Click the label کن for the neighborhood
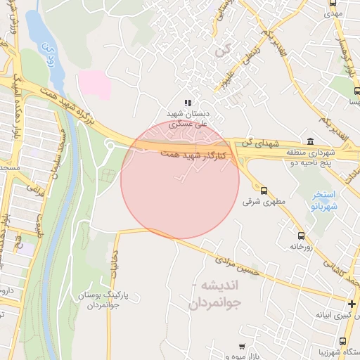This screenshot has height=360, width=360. [x=223, y=51]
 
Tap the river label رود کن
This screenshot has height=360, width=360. [x=49, y=56]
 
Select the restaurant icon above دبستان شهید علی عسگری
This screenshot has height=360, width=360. [x=188, y=103]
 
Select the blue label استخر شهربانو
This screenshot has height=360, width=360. [x=324, y=200]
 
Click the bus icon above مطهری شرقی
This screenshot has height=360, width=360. [x=264, y=190]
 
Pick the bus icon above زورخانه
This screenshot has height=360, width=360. [x=302, y=236]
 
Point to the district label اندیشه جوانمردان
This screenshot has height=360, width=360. [x=215, y=295]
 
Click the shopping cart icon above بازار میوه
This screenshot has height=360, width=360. [x=243, y=347]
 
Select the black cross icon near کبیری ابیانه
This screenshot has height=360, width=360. [x=352, y=304]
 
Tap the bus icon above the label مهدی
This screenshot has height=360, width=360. [x=333, y=4]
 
